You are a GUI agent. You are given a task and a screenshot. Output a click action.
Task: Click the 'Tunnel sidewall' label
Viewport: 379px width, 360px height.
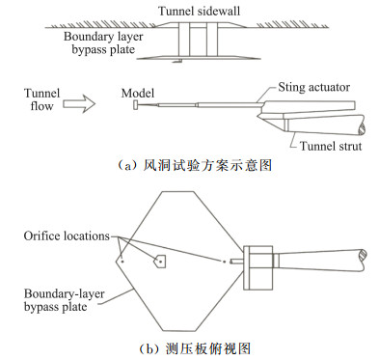click(x=199, y=12)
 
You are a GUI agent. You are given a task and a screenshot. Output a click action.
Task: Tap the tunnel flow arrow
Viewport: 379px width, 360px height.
click(x=79, y=104)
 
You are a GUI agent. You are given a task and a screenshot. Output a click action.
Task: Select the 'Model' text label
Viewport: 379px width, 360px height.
click(x=138, y=93)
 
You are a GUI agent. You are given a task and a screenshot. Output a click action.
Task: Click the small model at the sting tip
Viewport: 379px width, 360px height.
click(x=136, y=105)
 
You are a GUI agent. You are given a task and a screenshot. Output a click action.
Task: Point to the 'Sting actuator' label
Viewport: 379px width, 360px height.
click(x=314, y=87)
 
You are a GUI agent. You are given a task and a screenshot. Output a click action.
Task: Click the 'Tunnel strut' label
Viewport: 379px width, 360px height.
click(x=331, y=146)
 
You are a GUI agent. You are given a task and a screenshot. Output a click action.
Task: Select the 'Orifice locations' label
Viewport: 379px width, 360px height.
click(x=67, y=235)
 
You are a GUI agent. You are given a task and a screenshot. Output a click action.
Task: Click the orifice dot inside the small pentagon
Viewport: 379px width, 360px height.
click(x=160, y=262)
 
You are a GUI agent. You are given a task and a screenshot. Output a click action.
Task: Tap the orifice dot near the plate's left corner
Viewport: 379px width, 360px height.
click(x=122, y=262)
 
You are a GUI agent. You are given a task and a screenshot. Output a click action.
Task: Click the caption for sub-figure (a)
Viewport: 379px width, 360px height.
click(x=195, y=165)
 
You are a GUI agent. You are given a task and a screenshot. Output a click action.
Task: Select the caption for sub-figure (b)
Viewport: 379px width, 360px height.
click(x=195, y=348)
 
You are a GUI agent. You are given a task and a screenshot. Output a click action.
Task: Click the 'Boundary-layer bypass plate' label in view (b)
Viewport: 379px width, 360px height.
click(x=64, y=300)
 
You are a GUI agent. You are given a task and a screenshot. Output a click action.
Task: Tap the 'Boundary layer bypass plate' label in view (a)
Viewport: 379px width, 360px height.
click(x=103, y=42)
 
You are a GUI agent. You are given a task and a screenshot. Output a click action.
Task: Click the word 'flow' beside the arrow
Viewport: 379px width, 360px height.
click(x=41, y=106)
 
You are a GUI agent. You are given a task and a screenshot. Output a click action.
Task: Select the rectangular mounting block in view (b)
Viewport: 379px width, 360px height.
click(x=258, y=267)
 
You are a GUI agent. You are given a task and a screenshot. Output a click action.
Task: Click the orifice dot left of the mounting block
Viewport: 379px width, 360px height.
click(x=224, y=262)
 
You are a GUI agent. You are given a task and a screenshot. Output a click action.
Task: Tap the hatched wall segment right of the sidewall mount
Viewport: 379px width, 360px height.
click(x=292, y=24)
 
